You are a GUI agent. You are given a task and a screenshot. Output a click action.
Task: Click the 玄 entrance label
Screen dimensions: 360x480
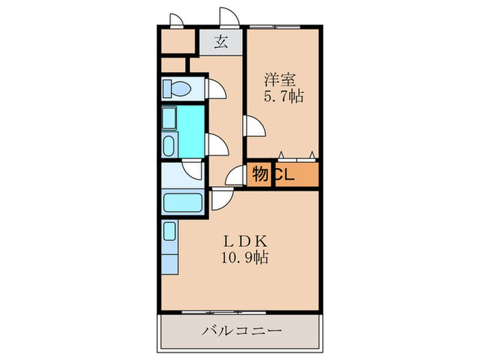pyautogui.click(x=221, y=42)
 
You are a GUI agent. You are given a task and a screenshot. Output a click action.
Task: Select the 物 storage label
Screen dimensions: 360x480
pyautogui.click(x=260, y=174)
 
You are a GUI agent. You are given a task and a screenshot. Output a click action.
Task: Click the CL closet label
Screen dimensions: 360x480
pyautogui.click(x=285, y=175)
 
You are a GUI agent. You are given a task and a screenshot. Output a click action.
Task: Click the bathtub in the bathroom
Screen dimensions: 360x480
pyautogui.click(x=182, y=204)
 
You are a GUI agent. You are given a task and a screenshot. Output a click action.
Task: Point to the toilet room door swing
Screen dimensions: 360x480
pyautogui.click(x=215, y=89)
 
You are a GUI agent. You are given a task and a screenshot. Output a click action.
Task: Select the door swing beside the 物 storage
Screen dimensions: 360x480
pyautogui.click(x=237, y=176)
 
